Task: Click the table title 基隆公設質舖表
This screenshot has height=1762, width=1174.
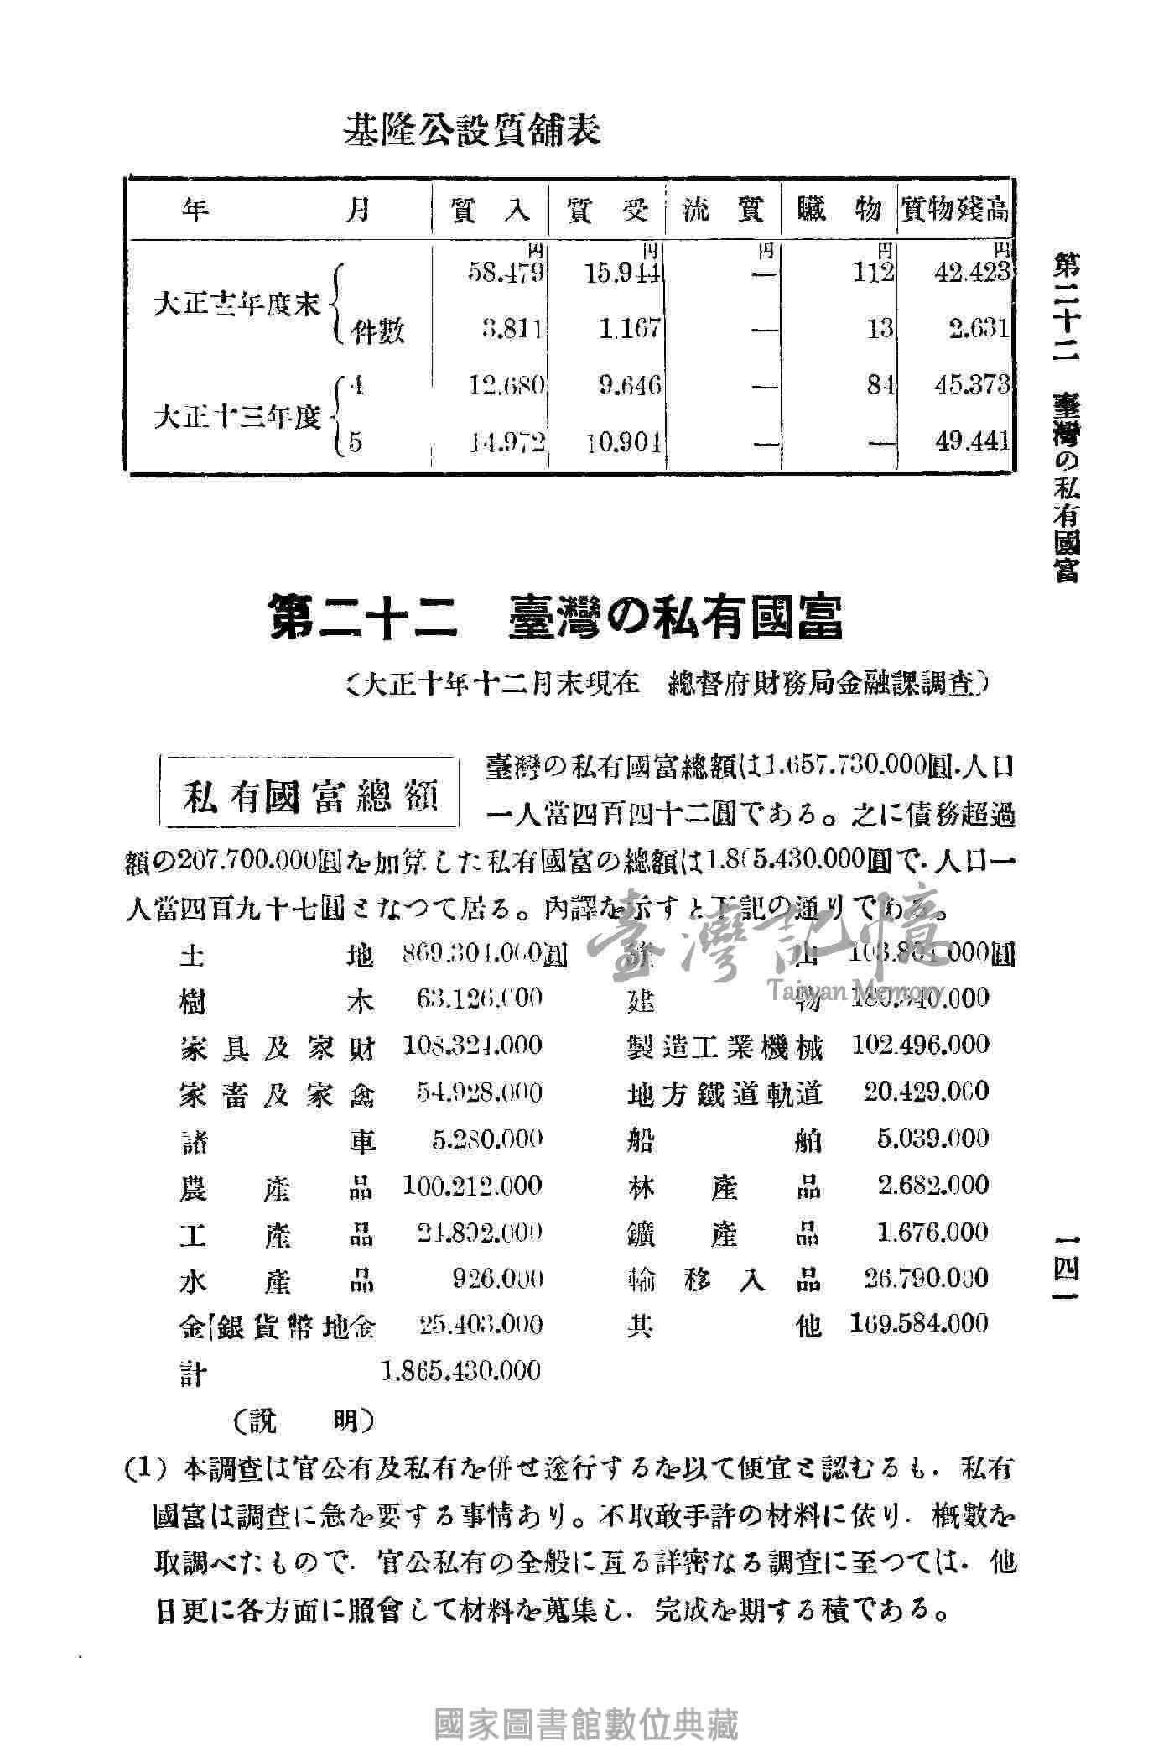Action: pyautogui.click(x=472, y=130)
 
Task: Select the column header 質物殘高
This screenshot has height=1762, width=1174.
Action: pyautogui.click(x=953, y=210)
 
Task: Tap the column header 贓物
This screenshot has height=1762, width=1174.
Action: pyautogui.click(x=838, y=210)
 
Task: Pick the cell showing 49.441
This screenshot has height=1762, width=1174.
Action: pyautogui.click(x=973, y=441)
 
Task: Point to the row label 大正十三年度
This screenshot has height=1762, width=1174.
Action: pyautogui.click(x=239, y=417)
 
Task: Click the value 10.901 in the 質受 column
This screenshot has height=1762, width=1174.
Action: pyautogui.click(x=624, y=441)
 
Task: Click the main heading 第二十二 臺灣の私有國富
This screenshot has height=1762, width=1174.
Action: pyautogui.click(x=557, y=618)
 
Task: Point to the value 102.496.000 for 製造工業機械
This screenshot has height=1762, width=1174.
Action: pyautogui.click(x=920, y=1045)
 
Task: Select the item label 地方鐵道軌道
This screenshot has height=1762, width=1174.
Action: pyautogui.click(x=725, y=1092)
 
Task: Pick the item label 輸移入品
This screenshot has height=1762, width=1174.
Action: pyautogui.click(x=725, y=1280)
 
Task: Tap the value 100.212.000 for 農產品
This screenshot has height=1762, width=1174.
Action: pyautogui.click(x=471, y=1186)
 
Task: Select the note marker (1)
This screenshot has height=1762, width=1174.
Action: pyautogui.click(x=148, y=1471)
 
